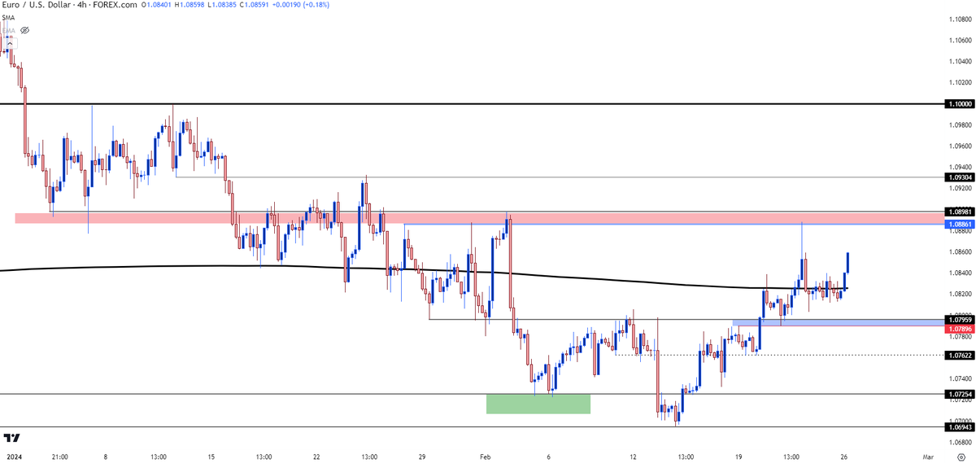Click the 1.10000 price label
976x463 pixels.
click(x=958, y=104)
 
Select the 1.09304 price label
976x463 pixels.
click(x=958, y=177)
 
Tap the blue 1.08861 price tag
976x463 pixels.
click(x=958, y=223)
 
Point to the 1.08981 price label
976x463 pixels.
click(x=958, y=211)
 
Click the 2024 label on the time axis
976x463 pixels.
click(x=12, y=457)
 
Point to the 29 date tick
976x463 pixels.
click(x=422, y=457)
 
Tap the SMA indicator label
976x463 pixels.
click(x=8, y=17)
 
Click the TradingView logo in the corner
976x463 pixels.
click(x=13, y=438)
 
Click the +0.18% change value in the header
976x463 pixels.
click(x=335, y=6)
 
